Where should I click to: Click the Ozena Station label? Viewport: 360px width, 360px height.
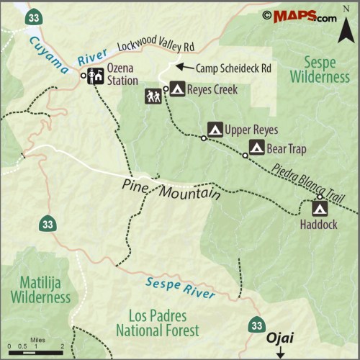(122, 74)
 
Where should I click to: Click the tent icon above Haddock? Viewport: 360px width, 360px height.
(320, 209)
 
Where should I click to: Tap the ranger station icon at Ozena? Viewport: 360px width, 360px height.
(95, 75)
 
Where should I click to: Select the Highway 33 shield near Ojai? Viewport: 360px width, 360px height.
(256, 325)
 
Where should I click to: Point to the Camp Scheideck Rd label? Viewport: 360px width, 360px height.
(234, 68)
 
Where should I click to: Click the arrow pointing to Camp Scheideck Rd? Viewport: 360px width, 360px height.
(185, 68)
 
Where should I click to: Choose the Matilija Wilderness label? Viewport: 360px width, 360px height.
(40, 288)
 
